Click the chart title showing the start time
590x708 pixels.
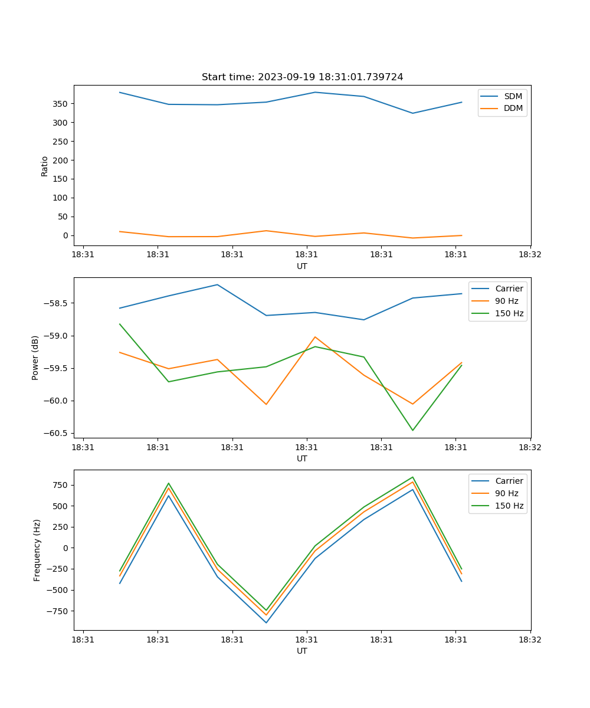(302, 77)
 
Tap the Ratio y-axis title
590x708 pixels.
(45, 165)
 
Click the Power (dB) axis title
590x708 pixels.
(35, 358)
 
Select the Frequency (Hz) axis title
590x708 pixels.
(37, 550)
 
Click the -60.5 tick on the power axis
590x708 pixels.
(55, 433)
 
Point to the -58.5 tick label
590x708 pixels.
(55, 303)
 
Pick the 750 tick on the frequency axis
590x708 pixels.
(60, 485)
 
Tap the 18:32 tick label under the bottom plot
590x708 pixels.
(530, 640)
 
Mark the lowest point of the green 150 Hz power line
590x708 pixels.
(412, 430)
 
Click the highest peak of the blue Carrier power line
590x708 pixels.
(217, 284)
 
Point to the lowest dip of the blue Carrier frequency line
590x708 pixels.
(266, 622)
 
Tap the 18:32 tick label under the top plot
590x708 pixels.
(530, 255)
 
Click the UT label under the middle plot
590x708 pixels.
(302, 458)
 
